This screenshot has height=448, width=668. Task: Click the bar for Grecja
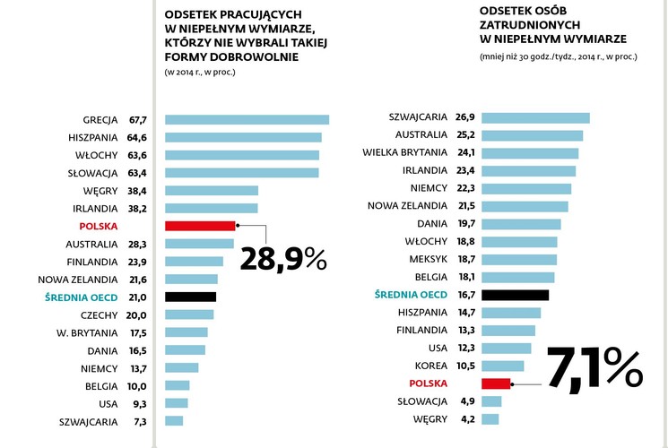pos(247,120)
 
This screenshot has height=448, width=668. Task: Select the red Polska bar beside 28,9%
pos(200,227)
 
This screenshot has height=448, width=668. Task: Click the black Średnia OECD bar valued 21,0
pos(191,297)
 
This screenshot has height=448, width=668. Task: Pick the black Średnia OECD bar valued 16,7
pos(515,295)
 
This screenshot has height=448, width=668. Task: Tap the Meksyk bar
pos(518,259)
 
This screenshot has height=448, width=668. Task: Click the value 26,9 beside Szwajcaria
pos(465,117)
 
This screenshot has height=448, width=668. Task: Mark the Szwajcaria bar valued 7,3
pos(174,420)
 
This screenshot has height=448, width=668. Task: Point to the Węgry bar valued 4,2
pos(490,418)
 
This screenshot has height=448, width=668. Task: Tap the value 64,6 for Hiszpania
pos(137,137)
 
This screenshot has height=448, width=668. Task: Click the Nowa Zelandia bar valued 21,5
pos(524,206)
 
